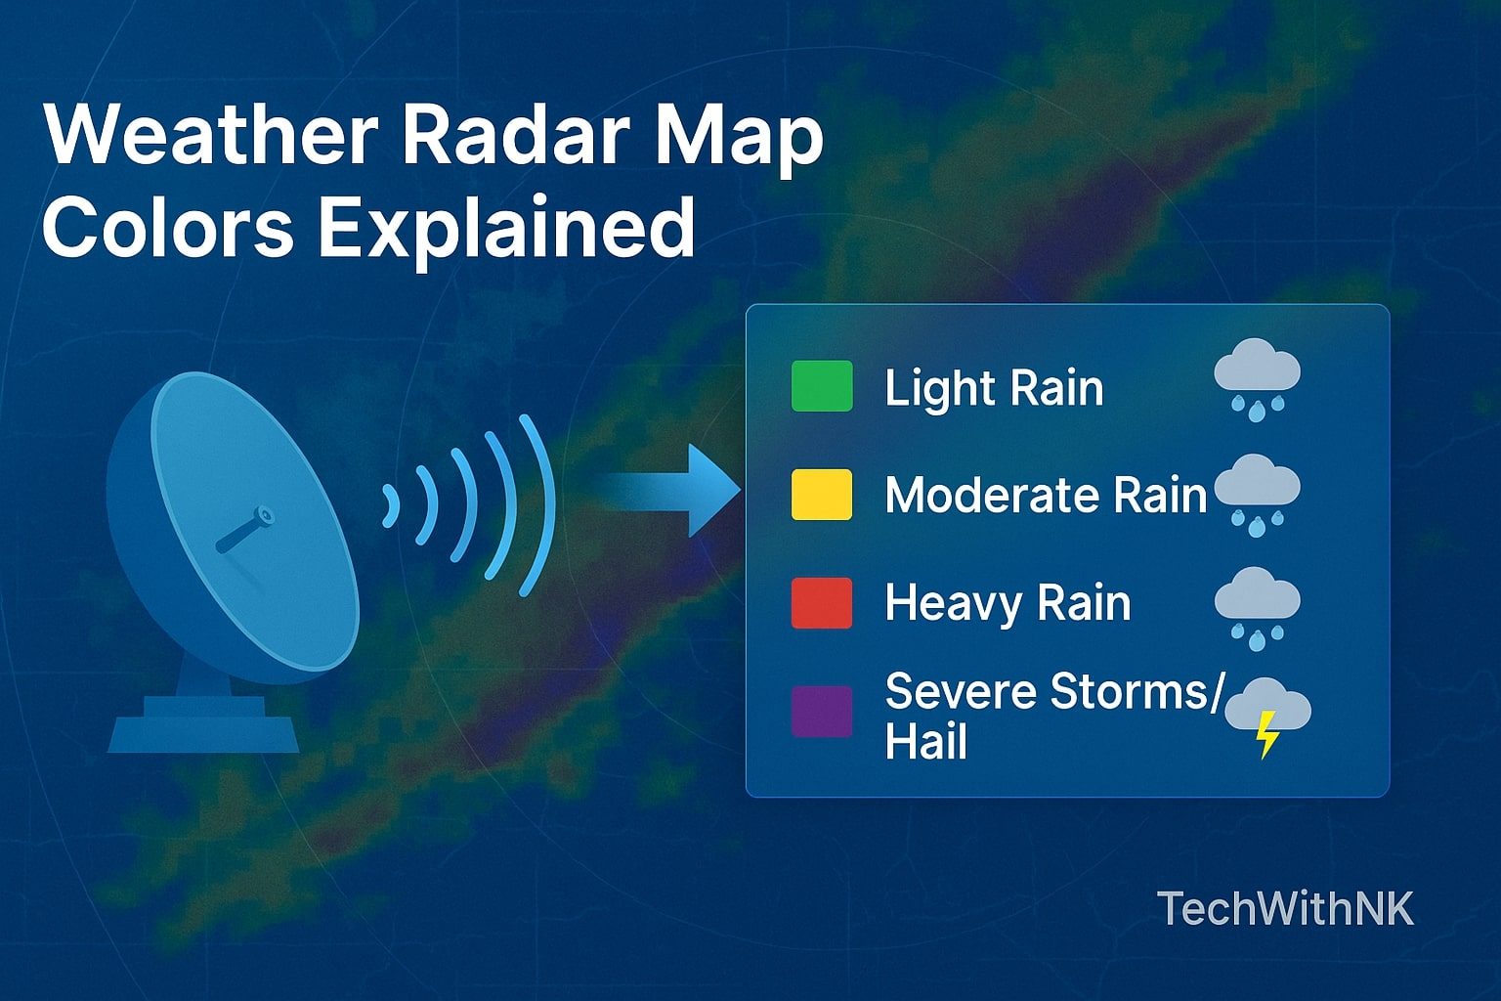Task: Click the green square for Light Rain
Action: [821, 386]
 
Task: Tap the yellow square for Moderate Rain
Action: [821, 494]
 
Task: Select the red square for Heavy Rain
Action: [821, 602]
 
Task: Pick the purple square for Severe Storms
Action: [821, 711]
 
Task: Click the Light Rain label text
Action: [994, 388]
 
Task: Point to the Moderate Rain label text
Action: [1046, 495]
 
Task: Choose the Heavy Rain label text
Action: [1008, 602]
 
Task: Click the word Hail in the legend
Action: [925, 741]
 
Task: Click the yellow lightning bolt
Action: [1267, 733]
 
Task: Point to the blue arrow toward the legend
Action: [674, 490]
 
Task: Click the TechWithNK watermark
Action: [1285, 908]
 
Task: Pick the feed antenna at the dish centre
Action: [244, 529]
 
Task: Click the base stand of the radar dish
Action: [203, 724]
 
